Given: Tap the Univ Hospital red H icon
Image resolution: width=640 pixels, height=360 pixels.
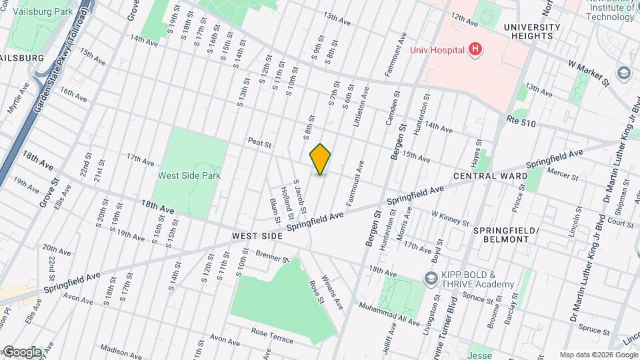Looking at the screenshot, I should point(475,49).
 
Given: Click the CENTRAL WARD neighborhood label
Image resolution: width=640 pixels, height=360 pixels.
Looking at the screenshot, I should point(490,176).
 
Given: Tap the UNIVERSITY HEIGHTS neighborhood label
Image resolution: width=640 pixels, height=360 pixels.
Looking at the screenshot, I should point(531,31).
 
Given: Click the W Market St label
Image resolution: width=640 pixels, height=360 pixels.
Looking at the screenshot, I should point(589,73).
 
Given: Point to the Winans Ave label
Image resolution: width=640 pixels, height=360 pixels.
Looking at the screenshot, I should point(331,291).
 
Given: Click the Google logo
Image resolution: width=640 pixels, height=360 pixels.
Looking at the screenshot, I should point(21,351).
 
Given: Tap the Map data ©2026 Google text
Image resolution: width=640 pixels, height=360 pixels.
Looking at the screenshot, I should point(597,355).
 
